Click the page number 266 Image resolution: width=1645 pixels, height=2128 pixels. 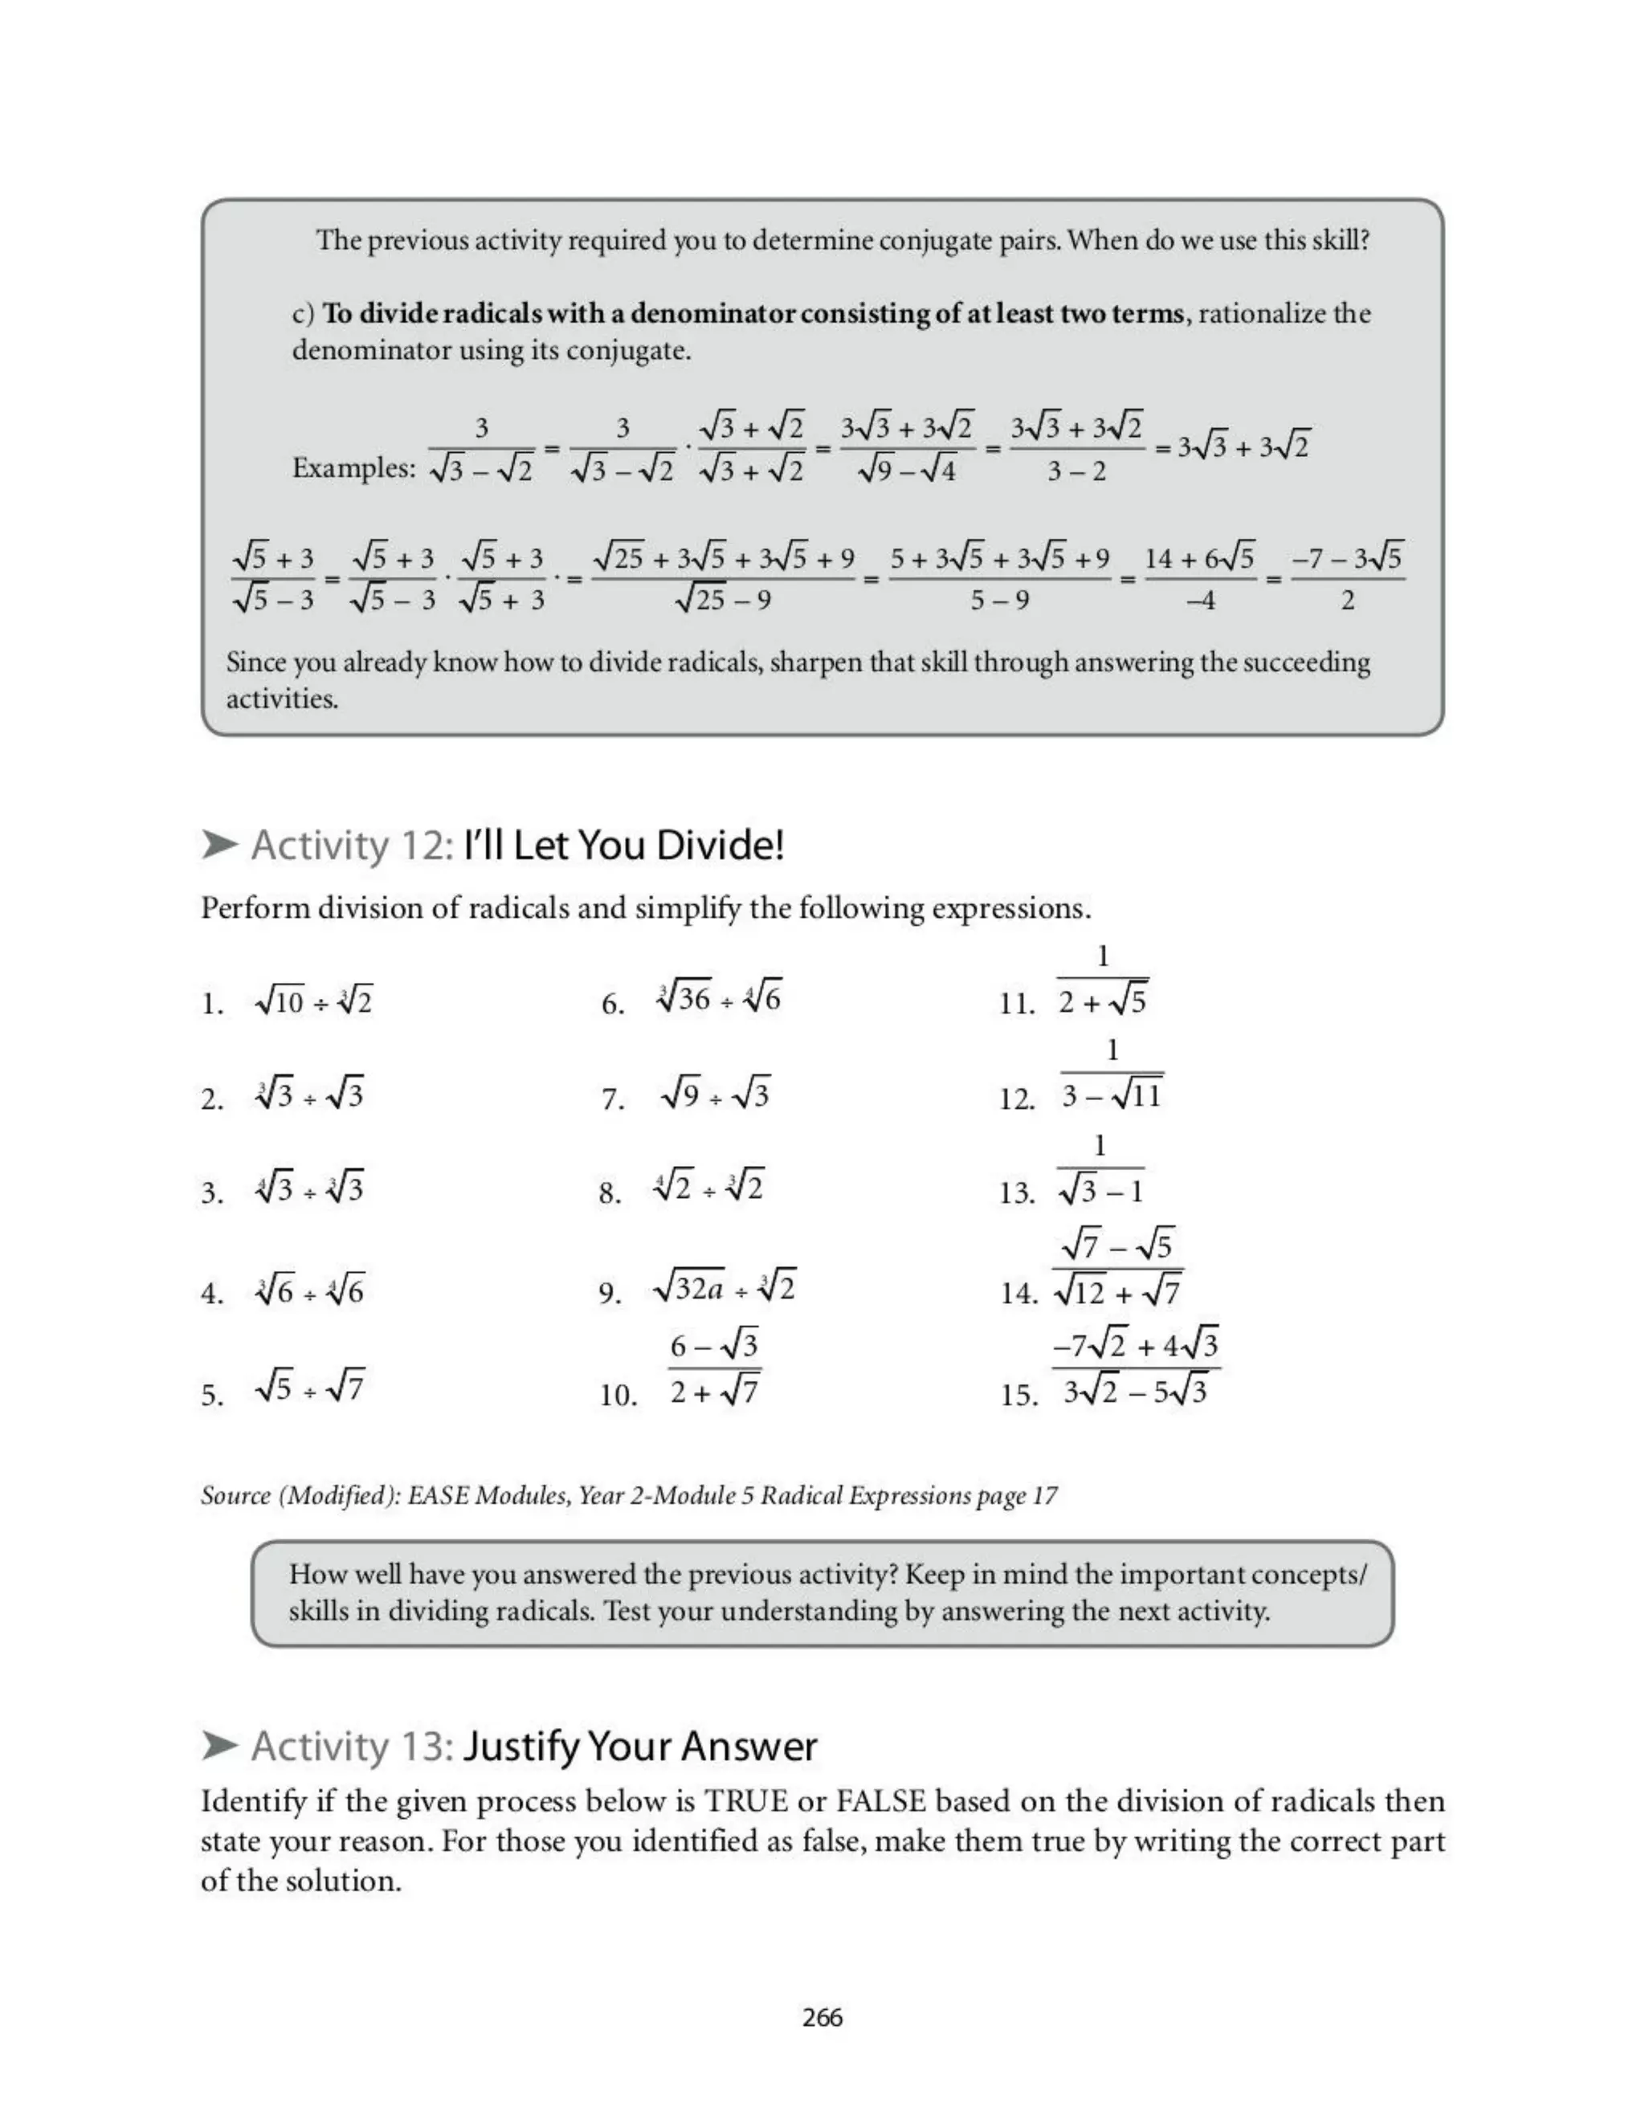point(822,2017)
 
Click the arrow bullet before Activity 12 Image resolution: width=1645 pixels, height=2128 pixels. point(220,845)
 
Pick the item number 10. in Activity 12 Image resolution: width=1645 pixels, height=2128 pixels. point(618,1396)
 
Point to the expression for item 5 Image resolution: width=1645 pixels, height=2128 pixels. point(310,1385)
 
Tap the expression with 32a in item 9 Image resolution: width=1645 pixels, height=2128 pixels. point(724,1289)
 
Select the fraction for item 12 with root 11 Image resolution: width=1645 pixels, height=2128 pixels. point(1111,1077)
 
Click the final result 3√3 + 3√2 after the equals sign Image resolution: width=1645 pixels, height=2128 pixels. point(1243,447)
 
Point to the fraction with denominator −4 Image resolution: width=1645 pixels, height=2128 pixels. point(1200,579)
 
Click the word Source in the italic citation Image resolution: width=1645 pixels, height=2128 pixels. point(235,1496)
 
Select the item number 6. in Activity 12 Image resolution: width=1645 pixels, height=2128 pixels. point(612,1004)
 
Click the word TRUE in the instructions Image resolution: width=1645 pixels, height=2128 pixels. point(746,1800)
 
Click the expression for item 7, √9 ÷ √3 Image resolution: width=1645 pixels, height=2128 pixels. point(714,1096)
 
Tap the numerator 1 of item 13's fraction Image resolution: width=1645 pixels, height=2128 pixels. point(1100,1145)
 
